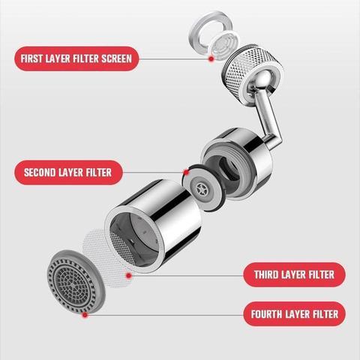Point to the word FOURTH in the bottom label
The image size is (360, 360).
tap(266, 313)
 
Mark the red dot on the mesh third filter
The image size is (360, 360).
tap(128, 275)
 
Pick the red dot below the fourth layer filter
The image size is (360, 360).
tap(85, 314)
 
